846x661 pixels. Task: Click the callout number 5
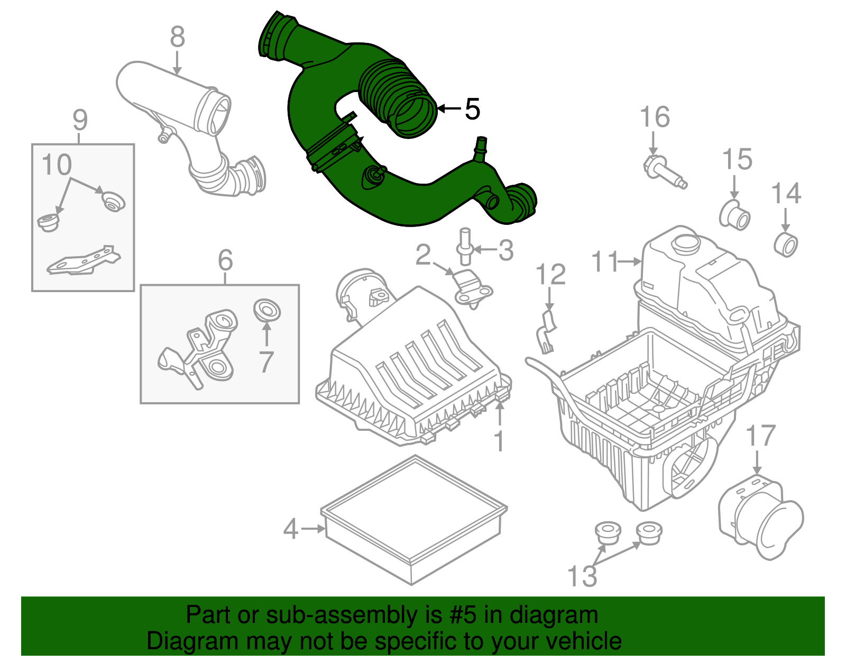coord(472,109)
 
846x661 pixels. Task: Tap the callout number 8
coord(178,38)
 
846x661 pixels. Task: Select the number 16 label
coord(655,117)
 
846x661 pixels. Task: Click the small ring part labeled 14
coord(786,244)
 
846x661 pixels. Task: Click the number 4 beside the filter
coord(291,529)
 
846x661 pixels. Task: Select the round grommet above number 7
coord(267,310)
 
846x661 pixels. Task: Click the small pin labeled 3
coord(465,245)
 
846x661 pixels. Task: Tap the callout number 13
coord(582,576)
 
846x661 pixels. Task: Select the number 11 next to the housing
coord(604,261)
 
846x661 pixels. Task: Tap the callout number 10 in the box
coord(57,165)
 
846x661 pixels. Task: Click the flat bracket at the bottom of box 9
coord(83,261)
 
